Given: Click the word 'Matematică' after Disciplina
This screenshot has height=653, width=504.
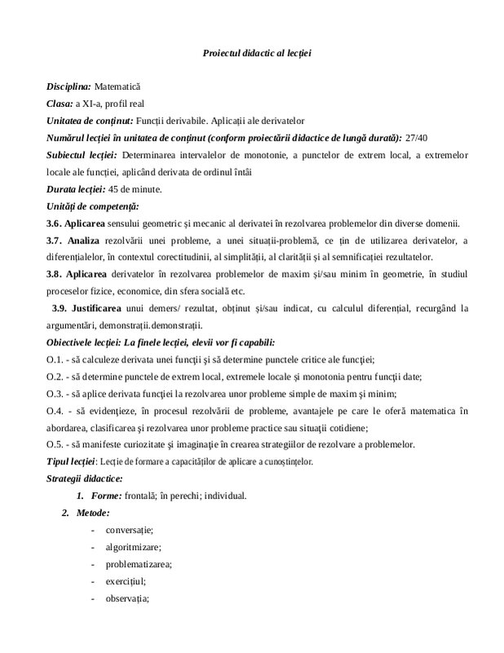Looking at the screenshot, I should (x=117, y=86).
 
